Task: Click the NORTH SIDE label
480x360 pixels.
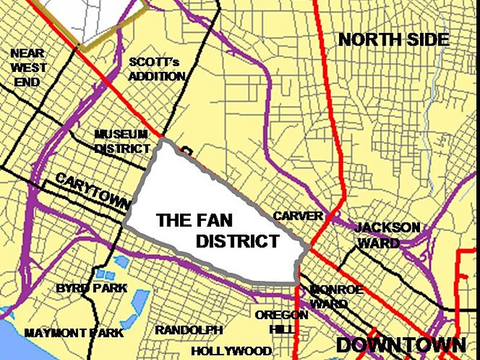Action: click(x=394, y=40)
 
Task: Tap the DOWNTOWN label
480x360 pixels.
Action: click(x=401, y=345)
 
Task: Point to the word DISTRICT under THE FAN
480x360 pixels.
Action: click(x=238, y=241)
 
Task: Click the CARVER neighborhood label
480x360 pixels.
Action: click(x=298, y=216)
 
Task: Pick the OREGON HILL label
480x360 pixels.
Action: click(x=281, y=322)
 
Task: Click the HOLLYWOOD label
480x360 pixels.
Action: click(x=232, y=351)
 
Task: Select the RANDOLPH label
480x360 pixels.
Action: click(x=189, y=331)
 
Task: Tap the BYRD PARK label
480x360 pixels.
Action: click(x=92, y=288)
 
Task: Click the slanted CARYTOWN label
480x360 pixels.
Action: click(x=92, y=191)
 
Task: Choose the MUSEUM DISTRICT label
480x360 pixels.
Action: click(x=122, y=141)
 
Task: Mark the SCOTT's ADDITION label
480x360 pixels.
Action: click(x=157, y=69)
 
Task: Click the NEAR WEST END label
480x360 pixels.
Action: click(x=27, y=67)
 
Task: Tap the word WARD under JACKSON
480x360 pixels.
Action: click(x=379, y=243)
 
